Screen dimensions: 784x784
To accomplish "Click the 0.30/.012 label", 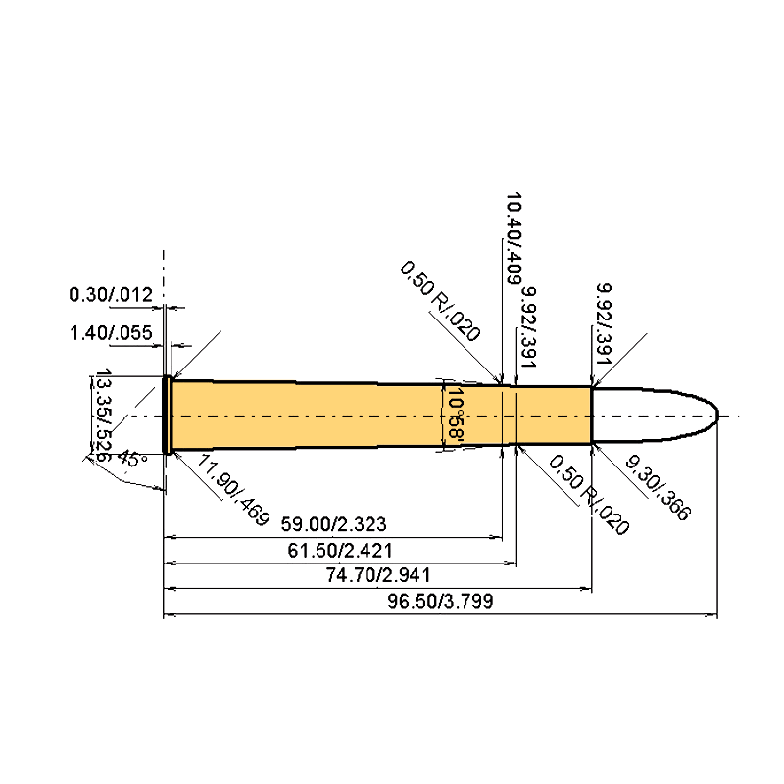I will click(110, 294).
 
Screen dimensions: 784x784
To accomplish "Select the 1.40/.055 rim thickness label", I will click(110, 333).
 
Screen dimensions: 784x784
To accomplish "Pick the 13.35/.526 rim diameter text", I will click(101, 416).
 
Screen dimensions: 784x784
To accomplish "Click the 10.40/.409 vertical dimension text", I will click(512, 238).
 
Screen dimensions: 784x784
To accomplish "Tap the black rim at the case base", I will click(168, 416).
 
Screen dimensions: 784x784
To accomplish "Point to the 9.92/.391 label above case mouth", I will click(605, 328).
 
